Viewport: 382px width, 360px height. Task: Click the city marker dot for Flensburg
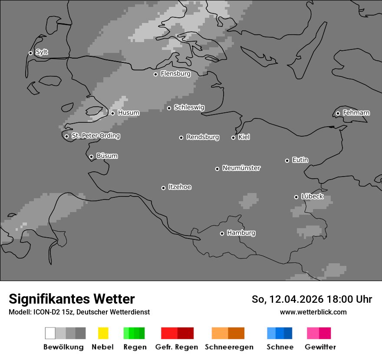[x=155, y=74]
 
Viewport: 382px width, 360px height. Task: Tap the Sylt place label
[x=42, y=52]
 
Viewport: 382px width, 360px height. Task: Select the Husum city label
[x=128, y=113]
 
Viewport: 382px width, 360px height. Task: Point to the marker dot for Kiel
[x=233, y=137]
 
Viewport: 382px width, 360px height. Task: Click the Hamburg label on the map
[x=241, y=233]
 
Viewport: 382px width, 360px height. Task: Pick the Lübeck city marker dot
[x=296, y=197]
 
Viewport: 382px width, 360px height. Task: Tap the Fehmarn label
[x=356, y=113]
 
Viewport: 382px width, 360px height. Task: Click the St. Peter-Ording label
[x=95, y=136]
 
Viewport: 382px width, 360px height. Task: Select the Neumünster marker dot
[x=217, y=169]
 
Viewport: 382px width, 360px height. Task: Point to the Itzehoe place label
[x=180, y=187]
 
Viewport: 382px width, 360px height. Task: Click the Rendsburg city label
[x=203, y=137]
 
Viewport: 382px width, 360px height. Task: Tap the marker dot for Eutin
[x=287, y=160]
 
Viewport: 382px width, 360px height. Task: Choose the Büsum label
[x=107, y=156]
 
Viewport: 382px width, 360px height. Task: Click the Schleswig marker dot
[x=169, y=108]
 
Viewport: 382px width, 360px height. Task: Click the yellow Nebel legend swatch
[x=103, y=333]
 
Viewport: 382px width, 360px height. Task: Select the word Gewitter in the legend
[x=320, y=347]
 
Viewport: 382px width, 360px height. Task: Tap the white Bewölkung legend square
[x=50, y=333]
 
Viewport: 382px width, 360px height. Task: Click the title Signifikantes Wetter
[x=72, y=299]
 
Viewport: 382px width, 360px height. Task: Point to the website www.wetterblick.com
[x=313, y=312]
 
